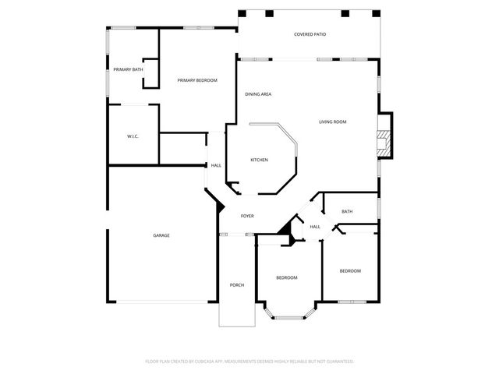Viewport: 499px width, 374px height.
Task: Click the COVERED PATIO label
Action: (310, 34)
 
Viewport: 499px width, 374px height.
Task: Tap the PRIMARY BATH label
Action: (128, 70)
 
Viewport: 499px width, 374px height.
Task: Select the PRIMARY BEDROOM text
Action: (196, 80)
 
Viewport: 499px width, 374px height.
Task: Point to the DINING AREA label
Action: (258, 94)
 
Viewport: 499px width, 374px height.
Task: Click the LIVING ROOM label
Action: (332, 122)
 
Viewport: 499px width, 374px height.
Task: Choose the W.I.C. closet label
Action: (133, 137)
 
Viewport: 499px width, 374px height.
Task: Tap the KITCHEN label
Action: (259, 160)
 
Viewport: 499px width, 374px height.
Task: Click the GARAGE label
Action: (161, 235)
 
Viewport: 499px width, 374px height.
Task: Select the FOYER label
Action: (247, 216)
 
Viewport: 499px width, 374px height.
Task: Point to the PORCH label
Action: (237, 285)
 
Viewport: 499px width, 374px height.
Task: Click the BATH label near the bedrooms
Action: (347, 212)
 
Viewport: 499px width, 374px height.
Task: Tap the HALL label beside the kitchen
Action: (216, 165)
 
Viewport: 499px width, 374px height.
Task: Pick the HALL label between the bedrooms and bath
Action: (315, 227)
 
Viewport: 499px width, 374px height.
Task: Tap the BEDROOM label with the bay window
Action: (286, 278)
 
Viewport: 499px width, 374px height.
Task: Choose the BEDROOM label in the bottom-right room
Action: (350, 270)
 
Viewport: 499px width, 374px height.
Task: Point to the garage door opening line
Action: (162, 303)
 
